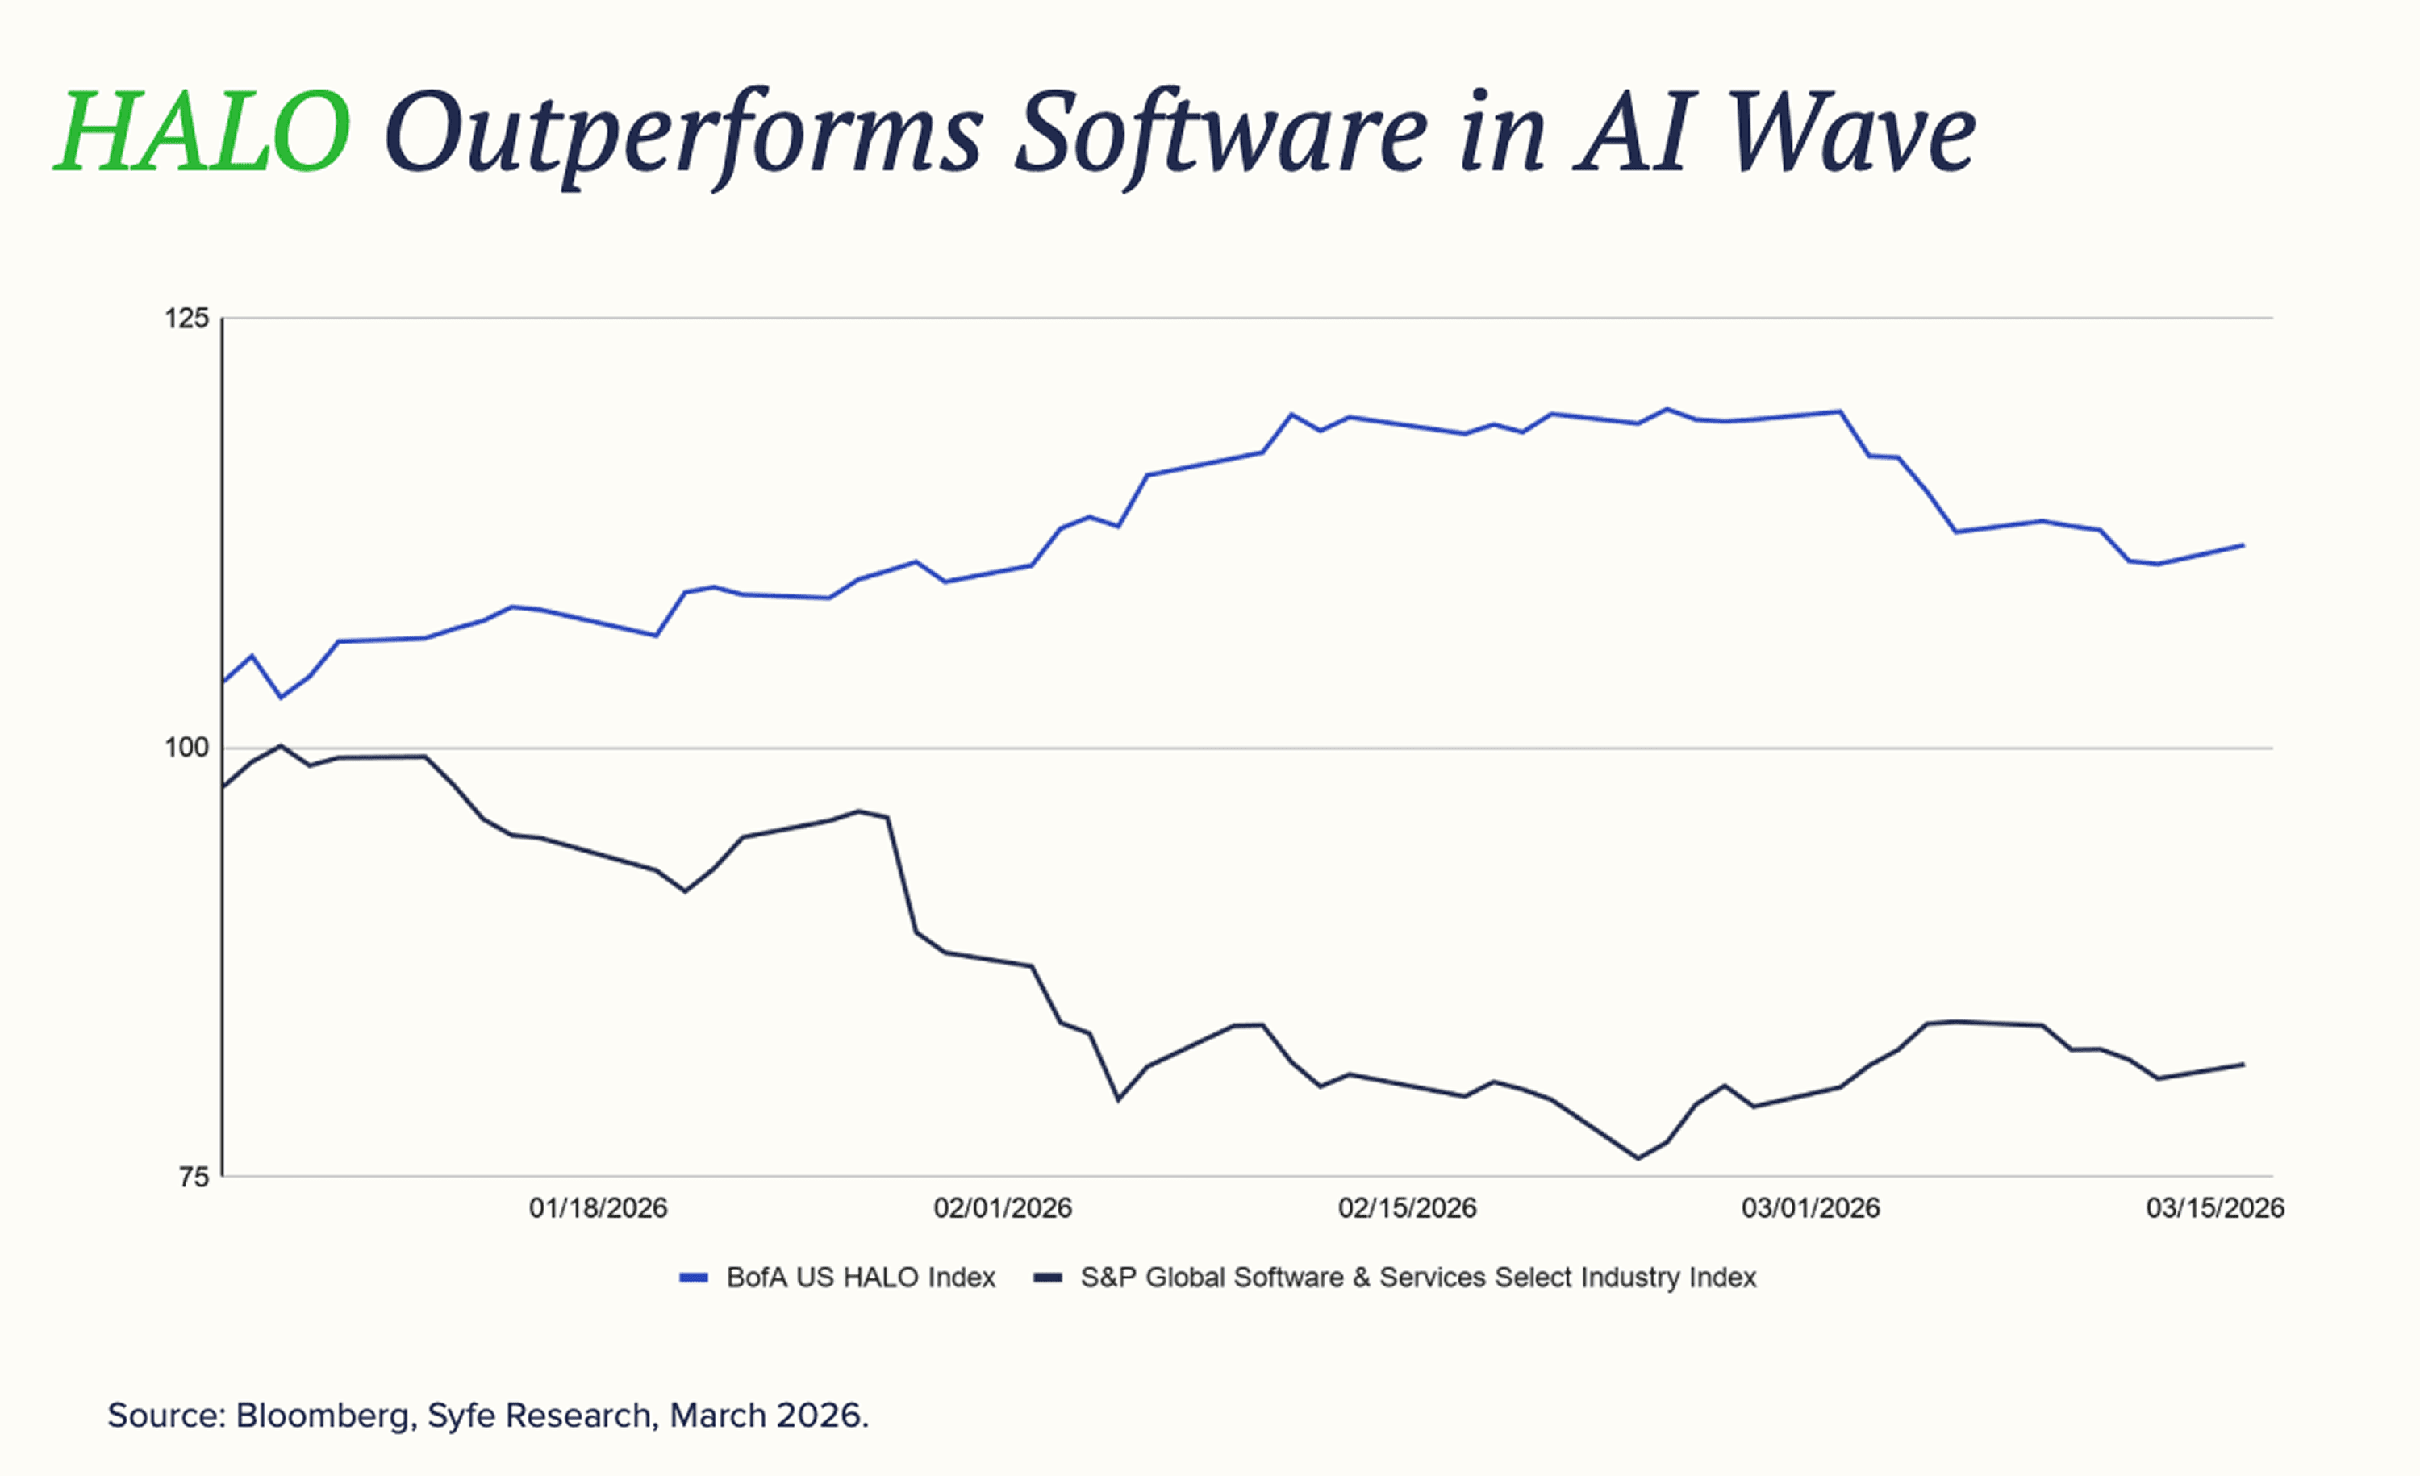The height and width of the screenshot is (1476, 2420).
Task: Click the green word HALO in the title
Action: (x=202, y=132)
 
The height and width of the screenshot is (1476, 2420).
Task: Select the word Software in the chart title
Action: (x=1220, y=132)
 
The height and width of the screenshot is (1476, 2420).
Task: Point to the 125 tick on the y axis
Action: (x=186, y=318)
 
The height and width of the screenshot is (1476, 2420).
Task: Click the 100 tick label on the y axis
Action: (x=186, y=748)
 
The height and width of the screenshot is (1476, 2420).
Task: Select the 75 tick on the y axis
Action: (x=194, y=1177)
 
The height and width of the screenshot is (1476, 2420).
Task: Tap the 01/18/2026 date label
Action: (x=598, y=1208)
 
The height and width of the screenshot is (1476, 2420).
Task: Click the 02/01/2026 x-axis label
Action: (x=1003, y=1208)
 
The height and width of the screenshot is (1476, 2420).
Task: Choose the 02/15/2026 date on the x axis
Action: (x=1408, y=1208)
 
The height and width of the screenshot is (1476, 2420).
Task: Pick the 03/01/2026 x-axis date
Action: (x=1811, y=1208)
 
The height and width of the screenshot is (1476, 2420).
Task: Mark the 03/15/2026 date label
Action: (x=2216, y=1208)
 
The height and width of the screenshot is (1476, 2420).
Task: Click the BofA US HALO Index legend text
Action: (x=861, y=1278)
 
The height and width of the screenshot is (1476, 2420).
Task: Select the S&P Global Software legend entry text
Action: (x=1418, y=1278)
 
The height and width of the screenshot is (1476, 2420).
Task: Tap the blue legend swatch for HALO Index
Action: (x=694, y=1278)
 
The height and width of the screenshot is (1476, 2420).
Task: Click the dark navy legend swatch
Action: (x=1048, y=1278)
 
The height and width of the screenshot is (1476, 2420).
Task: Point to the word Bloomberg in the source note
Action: (x=322, y=1416)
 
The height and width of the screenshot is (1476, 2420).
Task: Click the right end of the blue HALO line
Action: (x=2243, y=545)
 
